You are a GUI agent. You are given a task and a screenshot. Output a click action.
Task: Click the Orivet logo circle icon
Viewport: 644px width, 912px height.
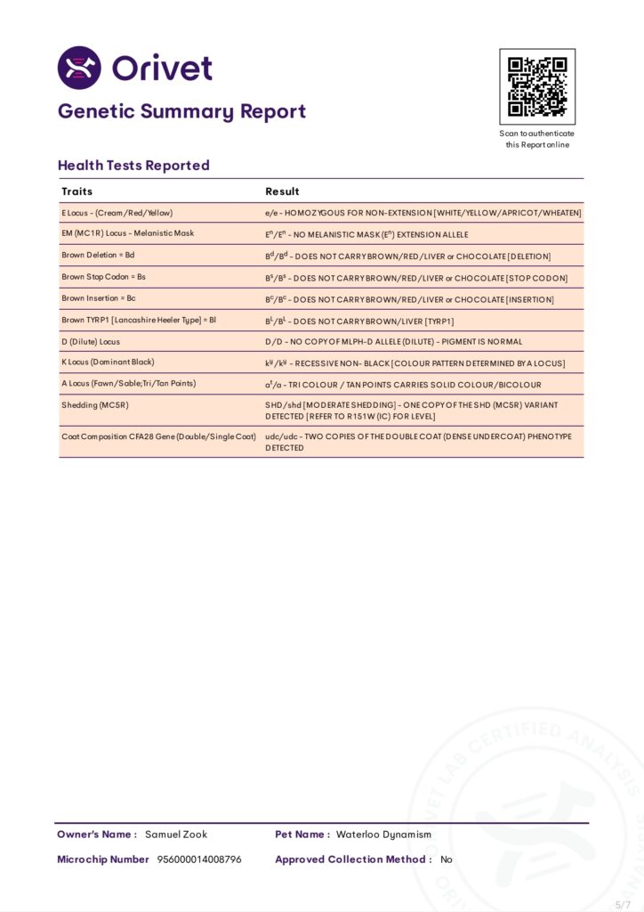coord(79,68)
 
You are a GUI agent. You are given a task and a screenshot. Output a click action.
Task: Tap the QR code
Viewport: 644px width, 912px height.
coord(537,86)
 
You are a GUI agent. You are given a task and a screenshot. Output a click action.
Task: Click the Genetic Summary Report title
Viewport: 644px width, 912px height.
coord(181,111)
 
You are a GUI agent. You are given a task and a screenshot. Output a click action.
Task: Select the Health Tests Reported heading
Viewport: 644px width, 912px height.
coord(133,165)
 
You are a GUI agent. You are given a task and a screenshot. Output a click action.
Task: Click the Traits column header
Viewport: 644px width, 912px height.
coord(76,191)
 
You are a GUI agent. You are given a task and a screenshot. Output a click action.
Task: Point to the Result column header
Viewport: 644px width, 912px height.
coord(282,191)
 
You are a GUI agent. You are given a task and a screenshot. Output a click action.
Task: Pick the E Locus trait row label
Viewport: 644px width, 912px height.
coord(117,213)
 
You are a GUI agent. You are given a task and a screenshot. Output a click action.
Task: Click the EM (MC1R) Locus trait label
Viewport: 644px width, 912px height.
coord(127,233)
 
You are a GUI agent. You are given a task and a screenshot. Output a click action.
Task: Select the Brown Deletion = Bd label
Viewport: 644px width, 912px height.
coord(98,255)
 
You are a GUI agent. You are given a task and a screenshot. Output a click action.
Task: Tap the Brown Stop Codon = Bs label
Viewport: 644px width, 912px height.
coord(103,276)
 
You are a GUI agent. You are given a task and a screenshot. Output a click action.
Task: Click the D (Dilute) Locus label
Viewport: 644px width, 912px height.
coord(91,341)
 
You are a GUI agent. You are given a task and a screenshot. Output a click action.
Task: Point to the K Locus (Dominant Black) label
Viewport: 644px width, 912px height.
coord(108,362)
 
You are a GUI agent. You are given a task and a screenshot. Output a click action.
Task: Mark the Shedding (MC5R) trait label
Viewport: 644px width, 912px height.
coord(92,404)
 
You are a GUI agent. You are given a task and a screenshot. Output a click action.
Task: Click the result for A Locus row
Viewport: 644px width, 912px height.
coord(403,384)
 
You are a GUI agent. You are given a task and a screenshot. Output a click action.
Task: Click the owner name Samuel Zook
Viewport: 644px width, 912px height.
coord(176,835)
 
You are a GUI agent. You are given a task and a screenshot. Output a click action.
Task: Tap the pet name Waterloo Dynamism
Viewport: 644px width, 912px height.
coord(383,835)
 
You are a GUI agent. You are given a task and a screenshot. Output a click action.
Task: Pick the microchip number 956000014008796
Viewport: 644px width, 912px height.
coord(199,859)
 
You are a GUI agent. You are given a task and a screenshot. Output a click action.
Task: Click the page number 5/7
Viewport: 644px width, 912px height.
coord(622,904)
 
